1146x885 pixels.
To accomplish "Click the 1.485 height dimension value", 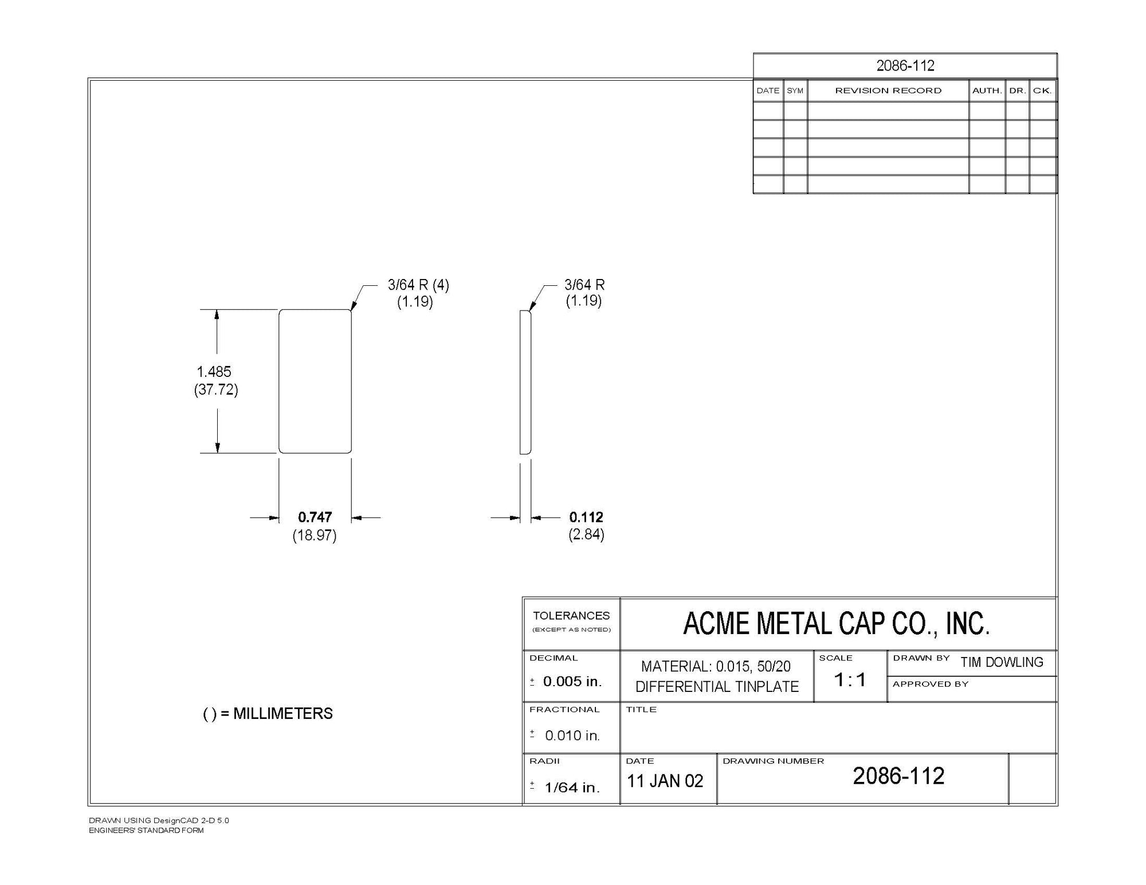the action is tap(214, 371).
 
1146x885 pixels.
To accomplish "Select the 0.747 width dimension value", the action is tap(315, 517).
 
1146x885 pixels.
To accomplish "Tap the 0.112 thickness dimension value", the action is tap(586, 517).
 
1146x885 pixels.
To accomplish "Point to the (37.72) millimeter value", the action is tap(216, 390).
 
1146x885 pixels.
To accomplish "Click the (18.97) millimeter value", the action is tap(315, 536).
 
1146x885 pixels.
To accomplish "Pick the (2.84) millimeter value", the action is tap(586, 534).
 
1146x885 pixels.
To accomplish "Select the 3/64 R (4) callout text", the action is tap(418, 285).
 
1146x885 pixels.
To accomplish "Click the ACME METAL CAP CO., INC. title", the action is tap(837, 624).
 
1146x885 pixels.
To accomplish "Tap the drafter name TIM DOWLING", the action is tap(1002, 662).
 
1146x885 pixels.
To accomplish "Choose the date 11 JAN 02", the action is tap(665, 781).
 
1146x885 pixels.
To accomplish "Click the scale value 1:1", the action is tap(850, 680).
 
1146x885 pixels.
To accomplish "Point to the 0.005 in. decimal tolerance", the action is tap(572, 681).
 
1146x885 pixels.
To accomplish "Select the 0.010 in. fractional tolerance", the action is tap(572, 735).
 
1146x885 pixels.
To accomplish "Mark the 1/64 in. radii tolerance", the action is tap(572, 788).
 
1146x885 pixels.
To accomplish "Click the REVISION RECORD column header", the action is tap(888, 91).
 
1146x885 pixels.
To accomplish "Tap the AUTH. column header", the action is tap(987, 91).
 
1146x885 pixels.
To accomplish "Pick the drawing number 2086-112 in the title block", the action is tap(898, 776).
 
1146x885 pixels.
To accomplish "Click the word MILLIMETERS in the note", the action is tap(283, 713).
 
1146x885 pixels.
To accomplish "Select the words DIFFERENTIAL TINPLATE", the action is tap(717, 686).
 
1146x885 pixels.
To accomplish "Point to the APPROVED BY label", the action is tap(931, 684).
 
